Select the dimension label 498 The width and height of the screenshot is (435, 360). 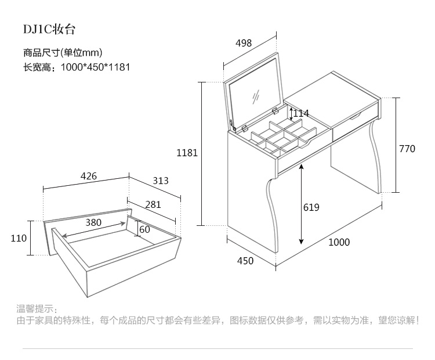point(244,42)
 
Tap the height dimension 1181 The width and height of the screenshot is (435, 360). point(187,153)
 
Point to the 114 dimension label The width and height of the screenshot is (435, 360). point(300,113)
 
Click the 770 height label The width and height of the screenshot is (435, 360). point(407,149)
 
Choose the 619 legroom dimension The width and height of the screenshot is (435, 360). point(311,207)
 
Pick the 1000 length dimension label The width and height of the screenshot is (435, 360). point(339,242)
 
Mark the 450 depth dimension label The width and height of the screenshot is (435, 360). point(245,261)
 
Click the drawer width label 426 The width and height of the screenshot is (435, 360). point(88,176)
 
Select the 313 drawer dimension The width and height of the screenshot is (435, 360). point(160,181)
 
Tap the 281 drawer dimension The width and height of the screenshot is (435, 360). point(153,204)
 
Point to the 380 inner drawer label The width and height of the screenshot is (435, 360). point(93,222)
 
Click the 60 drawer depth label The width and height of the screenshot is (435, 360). point(144,229)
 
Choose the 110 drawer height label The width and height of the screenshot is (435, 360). point(19,238)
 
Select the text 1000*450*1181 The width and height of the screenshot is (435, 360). point(95,67)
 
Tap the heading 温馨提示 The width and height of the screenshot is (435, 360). point(37,308)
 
